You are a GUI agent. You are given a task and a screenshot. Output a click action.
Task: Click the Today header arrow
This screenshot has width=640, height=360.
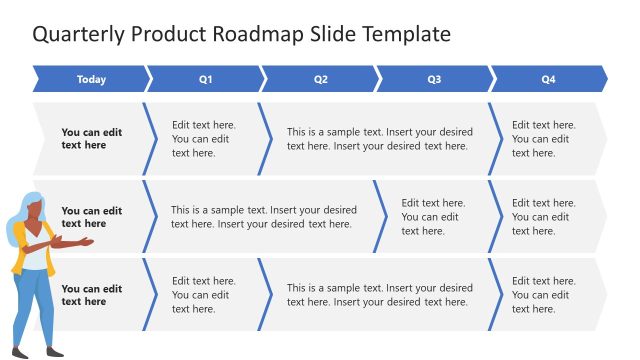click(91, 79)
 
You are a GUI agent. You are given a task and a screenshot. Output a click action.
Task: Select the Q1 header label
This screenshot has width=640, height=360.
click(205, 79)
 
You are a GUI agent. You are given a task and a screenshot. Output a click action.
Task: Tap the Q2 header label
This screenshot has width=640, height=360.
click(320, 79)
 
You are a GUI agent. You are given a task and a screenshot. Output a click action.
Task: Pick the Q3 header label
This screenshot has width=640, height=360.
click(434, 79)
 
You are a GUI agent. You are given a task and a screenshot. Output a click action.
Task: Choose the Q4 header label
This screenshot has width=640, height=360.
click(548, 79)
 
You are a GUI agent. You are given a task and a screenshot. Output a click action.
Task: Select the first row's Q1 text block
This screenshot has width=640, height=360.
click(203, 139)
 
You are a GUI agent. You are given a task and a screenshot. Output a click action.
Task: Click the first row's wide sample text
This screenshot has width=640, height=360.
click(379, 139)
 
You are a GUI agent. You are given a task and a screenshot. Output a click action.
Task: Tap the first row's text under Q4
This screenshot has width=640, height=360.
click(543, 139)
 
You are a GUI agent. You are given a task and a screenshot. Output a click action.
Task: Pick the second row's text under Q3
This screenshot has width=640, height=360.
click(432, 217)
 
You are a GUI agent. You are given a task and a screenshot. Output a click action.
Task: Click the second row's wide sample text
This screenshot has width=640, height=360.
click(263, 217)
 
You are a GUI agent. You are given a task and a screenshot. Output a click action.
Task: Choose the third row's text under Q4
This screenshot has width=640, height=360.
click(543, 295)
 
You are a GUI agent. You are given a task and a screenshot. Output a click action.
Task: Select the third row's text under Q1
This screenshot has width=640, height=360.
click(203, 295)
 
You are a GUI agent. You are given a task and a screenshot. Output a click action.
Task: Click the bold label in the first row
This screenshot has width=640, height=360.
click(91, 138)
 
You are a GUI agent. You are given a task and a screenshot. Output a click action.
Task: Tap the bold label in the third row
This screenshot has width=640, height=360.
click(91, 295)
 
